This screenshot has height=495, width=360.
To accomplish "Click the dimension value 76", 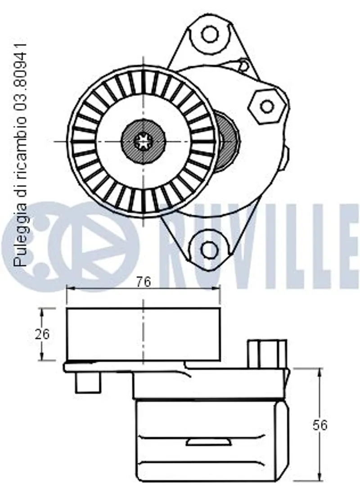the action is [x=144, y=281].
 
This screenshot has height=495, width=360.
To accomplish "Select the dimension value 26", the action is [x=42, y=334].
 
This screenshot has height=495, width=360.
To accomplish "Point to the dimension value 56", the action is [x=320, y=426].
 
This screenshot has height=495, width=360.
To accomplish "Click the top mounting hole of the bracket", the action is [x=210, y=34].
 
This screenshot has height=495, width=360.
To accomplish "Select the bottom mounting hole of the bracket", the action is [x=209, y=249].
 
